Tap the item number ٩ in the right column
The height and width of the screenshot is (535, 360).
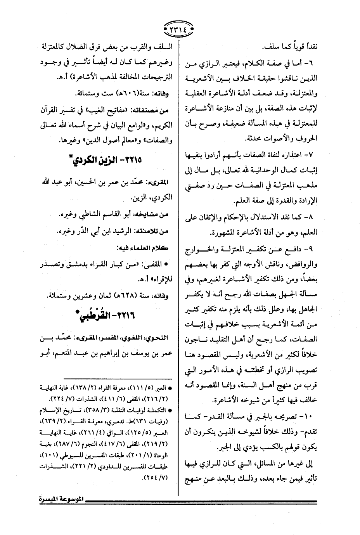(313, 248)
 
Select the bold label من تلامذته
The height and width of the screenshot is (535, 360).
(150, 231)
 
